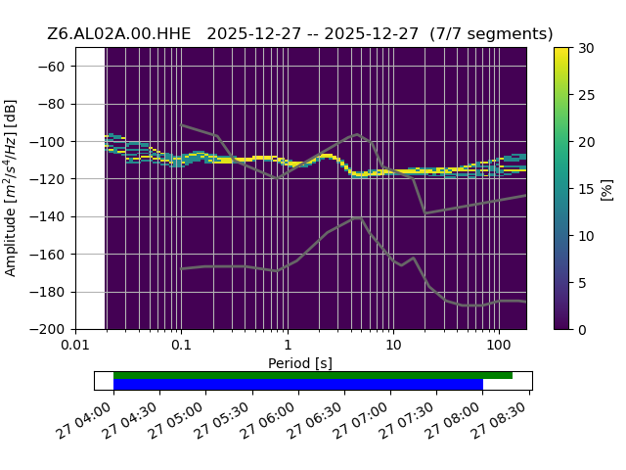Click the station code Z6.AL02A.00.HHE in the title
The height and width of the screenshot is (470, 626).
pyautogui.click(x=119, y=33)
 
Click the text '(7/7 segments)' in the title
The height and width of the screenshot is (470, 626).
pyautogui.click(x=491, y=34)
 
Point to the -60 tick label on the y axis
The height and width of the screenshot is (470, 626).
pyautogui.click(x=51, y=67)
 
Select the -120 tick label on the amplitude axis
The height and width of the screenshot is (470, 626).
pyautogui.click(x=48, y=179)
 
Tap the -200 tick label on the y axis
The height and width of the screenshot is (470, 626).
pyautogui.click(x=48, y=330)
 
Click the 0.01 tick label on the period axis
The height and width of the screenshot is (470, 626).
pyautogui.click(x=75, y=344)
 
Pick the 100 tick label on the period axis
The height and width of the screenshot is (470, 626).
pyautogui.click(x=499, y=344)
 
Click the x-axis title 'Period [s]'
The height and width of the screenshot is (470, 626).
pyautogui.click(x=300, y=363)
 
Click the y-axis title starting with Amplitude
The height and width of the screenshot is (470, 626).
pyautogui.click(x=11, y=188)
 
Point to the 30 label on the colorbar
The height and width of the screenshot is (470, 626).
pyautogui.click(x=586, y=48)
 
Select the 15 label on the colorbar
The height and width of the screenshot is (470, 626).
pyautogui.click(x=586, y=189)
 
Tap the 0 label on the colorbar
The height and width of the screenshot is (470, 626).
pyautogui.click(x=582, y=330)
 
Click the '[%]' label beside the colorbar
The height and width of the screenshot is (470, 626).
pyautogui.click(x=607, y=190)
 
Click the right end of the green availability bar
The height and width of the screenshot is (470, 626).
pyautogui.click(x=513, y=375)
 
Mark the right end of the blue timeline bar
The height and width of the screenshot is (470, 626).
pyautogui.click(x=482, y=385)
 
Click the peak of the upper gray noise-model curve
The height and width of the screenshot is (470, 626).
pyautogui.click(x=357, y=134)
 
